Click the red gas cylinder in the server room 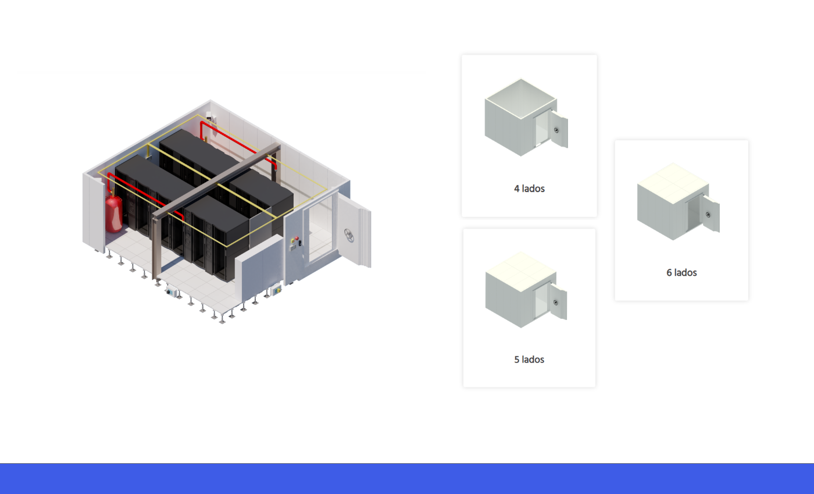tap(114, 214)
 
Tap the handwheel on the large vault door tap(349, 235)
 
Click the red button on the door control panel tap(297, 238)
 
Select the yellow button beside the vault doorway tap(292, 241)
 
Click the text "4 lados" tap(529, 189)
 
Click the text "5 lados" tap(529, 360)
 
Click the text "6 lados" tap(681, 272)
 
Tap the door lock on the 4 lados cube tap(556, 130)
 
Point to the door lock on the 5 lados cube tap(556, 303)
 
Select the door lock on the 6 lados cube tap(708, 215)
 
